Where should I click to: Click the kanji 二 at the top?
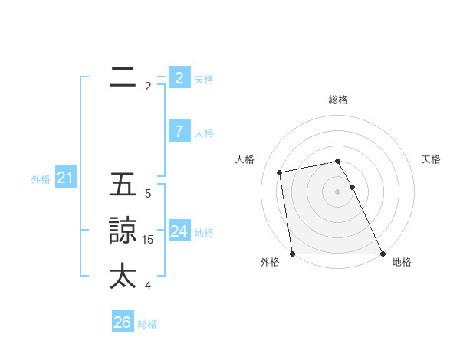(x=123, y=77)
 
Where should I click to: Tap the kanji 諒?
(x=123, y=231)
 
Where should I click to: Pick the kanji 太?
(x=123, y=276)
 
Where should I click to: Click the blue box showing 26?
(x=122, y=322)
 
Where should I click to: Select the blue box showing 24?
(x=179, y=231)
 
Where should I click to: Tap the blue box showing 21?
(x=65, y=178)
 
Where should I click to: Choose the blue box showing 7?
(x=179, y=132)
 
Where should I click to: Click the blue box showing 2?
(x=179, y=77)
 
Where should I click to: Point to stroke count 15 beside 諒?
(x=148, y=240)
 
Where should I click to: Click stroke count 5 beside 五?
(x=148, y=195)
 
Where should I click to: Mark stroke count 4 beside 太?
(x=148, y=286)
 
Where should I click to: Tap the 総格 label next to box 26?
(x=147, y=324)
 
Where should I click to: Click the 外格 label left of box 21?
(x=41, y=179)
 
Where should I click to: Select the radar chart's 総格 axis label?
(x=338, y=100)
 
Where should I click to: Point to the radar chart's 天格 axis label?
(x=431, y=159)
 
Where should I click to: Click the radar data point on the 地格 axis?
(x=383, y=254)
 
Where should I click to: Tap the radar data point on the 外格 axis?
(x=293, y=254)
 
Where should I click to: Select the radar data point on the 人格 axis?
(x=280, y=172)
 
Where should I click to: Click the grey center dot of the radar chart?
(x=338, y=191)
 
